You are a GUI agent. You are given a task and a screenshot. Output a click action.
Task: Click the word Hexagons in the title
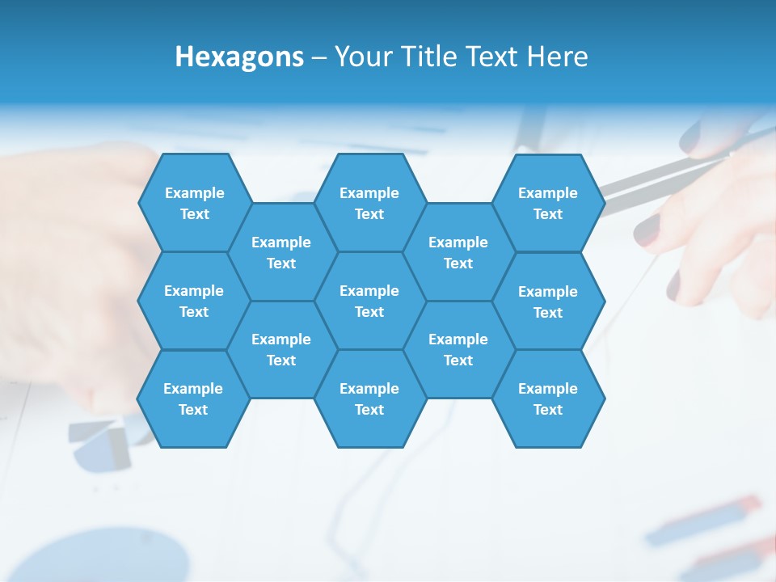tap(239, 57)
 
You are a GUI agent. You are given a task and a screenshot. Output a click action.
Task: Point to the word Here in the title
tap(557, 57)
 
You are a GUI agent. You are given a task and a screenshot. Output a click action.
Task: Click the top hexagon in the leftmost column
tap(194, 203)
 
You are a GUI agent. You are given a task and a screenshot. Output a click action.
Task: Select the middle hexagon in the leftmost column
tap(194, 301)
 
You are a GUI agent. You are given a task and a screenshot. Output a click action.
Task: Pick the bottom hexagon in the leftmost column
tap(193, 399)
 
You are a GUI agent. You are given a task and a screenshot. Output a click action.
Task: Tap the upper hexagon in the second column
tap(281, 252)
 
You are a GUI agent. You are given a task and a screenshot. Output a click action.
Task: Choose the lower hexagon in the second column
tap(281, 349)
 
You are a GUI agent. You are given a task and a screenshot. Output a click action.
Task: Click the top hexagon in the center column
tap(369, 203)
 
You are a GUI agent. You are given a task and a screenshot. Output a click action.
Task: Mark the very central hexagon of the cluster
tap(369, 301)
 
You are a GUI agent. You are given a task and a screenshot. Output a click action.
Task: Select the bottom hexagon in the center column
tap(369, 399)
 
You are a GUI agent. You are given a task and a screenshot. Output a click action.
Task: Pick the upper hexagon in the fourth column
tap(458, 252)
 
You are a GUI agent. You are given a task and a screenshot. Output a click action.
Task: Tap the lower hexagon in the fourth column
tap(458, 349)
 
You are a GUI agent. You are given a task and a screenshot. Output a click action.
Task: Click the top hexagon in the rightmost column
tap(548, 203)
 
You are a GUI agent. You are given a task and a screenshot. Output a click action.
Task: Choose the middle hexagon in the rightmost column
tap(548, 302)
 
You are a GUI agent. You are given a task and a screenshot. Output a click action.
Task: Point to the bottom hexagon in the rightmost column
tap(548, 399)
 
